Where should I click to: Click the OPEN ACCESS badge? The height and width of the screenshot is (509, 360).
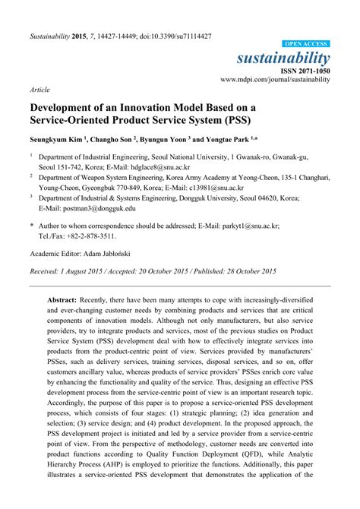306,45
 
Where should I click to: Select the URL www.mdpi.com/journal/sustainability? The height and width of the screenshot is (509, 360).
275,79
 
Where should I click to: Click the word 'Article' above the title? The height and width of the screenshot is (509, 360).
39,89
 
